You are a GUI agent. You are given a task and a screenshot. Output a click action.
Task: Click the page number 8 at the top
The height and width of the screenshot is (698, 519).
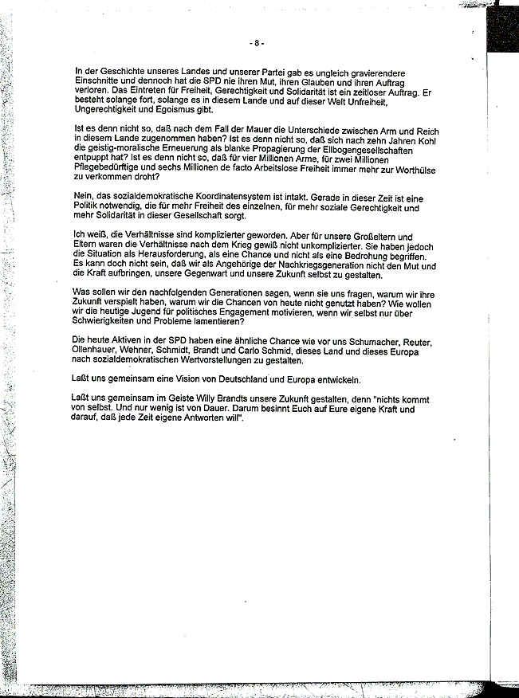(x=257, y=42)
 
